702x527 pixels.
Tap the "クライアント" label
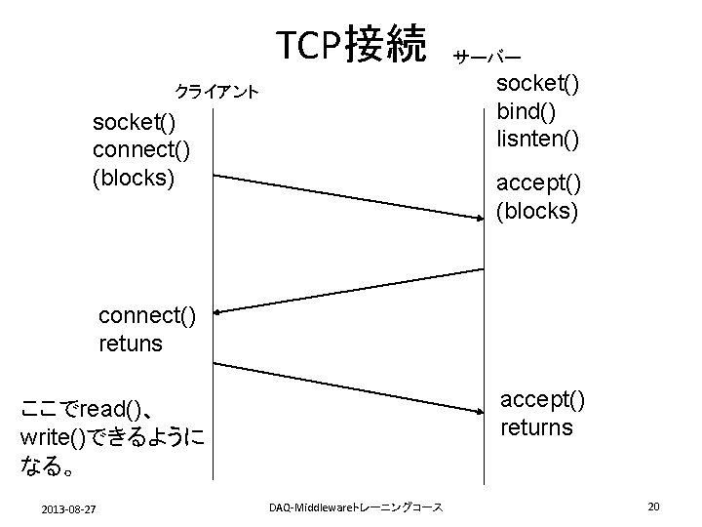coord(215,93)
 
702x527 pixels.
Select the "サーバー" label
coord(485,58)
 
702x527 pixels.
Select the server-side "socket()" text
coord(538,84)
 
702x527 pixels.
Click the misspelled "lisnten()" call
coord(538,139)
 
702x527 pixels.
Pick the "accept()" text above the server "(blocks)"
coord(538,182)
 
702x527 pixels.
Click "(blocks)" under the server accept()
coord(538,210)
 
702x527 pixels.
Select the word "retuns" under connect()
coord(131,344)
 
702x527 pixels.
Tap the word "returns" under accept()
coord(536,427)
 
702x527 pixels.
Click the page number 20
coord(653,506)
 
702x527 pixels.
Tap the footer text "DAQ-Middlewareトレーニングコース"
coord(355,507)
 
